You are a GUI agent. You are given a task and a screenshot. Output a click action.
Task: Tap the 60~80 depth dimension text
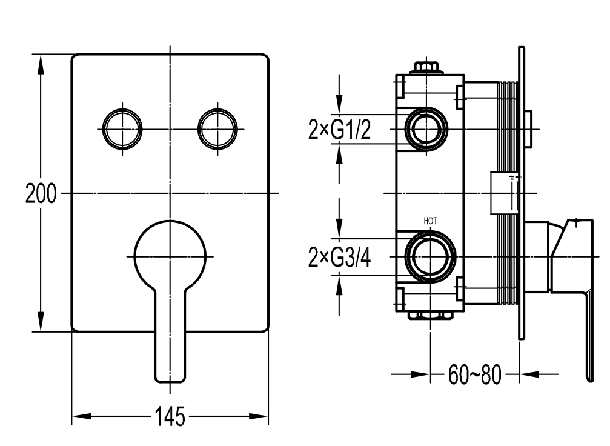475,374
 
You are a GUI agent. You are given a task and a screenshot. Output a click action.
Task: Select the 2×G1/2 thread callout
339,129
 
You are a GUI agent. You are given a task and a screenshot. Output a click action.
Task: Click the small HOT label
430,221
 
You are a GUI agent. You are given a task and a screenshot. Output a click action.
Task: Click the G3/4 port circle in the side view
430,256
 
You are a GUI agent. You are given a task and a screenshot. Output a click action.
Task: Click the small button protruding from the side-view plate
529,128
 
